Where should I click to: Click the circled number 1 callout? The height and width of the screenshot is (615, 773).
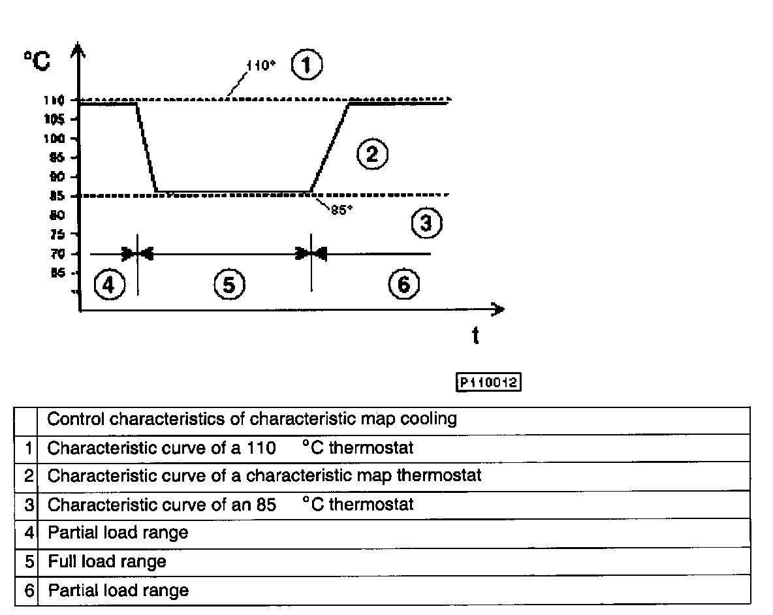click(307, 66)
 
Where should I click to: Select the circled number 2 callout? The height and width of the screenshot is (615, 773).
click(372, 154)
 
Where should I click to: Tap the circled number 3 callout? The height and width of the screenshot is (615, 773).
click(426, 224)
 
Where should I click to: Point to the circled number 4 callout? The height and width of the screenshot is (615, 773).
click(108, 285)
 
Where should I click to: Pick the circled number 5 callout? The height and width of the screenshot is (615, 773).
click(229, 285)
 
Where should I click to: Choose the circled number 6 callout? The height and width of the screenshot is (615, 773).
click(403, 285)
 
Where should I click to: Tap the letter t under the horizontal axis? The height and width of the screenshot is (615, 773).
click(475, 336)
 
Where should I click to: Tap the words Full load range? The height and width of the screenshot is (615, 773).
click(107, 561)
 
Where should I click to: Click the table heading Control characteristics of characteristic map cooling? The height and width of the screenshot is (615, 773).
click(252, 419)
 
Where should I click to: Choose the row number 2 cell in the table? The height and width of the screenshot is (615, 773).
click(27, 476)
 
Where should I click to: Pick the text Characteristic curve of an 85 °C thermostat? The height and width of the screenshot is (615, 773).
click(230, 505)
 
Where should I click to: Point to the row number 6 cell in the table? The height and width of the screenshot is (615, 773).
click(27, 591)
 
